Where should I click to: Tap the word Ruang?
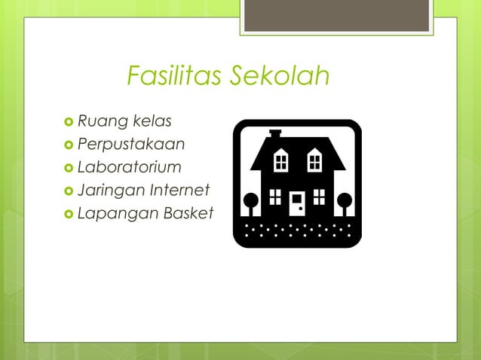point(102,121)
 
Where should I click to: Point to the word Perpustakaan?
point(130,144)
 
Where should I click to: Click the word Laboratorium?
point(129,166)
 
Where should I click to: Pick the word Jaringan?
point(110,191)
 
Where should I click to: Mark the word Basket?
point(186,213)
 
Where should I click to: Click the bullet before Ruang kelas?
point(69,121)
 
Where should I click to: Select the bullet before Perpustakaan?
point(69,145)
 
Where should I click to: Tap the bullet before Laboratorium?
point(69,167)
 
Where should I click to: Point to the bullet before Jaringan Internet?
point(69,191)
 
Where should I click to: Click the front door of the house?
point(296,203)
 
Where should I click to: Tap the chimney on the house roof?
point(275,134)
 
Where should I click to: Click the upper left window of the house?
point(280,160)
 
